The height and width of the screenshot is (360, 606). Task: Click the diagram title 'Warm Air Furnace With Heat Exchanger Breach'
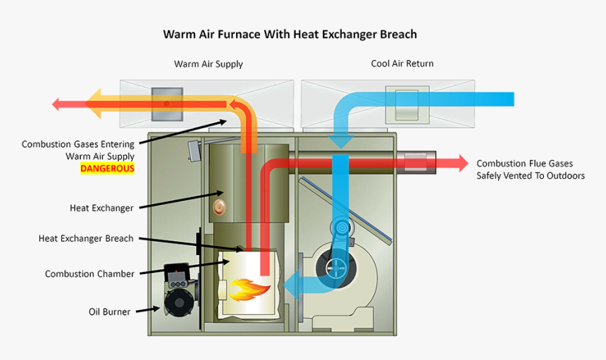click(x=290, y=34)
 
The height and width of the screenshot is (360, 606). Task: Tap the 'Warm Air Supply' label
click(x=208, y=64)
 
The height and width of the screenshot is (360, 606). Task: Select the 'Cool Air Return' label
click(x=402, y=63)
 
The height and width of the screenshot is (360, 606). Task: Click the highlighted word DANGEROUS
click(x=107, y=168)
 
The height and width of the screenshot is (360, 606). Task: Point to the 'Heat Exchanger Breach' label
click(x=85, y=239)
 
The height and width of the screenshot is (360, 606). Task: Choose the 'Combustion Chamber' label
click(x=89, y=274)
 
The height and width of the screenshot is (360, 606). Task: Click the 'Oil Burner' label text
click(x=109, y=311)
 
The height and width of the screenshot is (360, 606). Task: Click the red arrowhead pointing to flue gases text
click(x=461, y=163)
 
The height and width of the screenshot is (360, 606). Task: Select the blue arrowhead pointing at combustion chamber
click(x=290, y=283)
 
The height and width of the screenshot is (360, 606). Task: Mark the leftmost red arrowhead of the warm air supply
click(x=60, y=104)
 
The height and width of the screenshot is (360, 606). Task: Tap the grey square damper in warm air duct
click(x=167, y=102)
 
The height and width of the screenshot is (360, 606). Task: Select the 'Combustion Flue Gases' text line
click(x=524, y=163)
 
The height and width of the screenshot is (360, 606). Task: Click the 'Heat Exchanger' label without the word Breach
click(x=101, y=208)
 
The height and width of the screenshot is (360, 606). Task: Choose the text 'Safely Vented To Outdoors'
click(x=530, y=176)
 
